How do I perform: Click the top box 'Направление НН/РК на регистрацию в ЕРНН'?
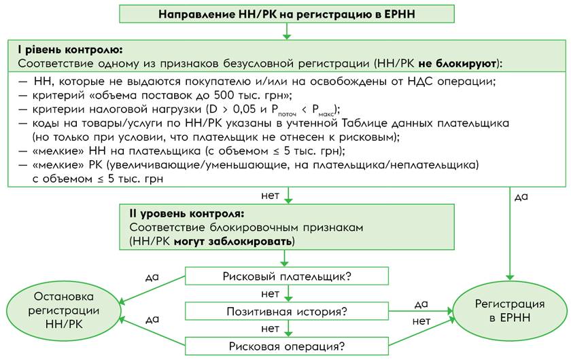[287, 14]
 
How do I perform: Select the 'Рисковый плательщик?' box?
[287, 276]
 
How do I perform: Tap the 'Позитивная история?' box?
[287, 312]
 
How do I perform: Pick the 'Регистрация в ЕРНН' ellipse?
[509, 310]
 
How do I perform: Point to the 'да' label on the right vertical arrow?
[521, 197]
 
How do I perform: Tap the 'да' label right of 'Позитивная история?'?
[421, 303]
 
